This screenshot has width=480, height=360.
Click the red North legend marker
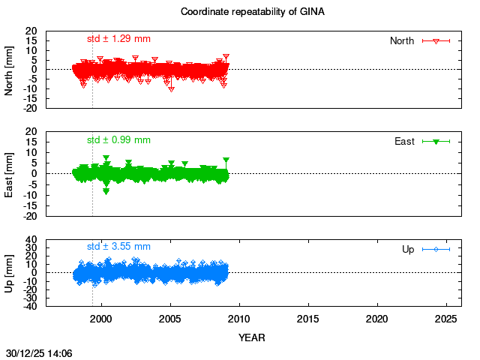point(436,40)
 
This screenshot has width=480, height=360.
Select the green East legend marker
point(436,141)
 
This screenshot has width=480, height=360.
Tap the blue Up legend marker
point(436,249)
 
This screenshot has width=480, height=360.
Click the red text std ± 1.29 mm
point(118,39)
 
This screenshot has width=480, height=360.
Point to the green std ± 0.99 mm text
point(118,139)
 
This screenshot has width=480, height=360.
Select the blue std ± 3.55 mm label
point(118,246)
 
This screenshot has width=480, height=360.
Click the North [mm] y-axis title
point(10,70)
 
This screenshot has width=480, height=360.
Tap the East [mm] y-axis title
point(10,173)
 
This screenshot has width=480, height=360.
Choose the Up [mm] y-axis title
point(10,272)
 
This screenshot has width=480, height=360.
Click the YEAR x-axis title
point(251,337)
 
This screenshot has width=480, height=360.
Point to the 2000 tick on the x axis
point(101,319)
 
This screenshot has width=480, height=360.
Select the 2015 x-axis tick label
point(308,319)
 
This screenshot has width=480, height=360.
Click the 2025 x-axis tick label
point(446,319)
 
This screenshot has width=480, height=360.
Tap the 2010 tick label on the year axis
point(239,319)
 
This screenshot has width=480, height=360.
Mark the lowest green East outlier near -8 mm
point(106,191)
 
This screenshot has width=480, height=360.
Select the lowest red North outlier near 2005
point(172,88)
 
